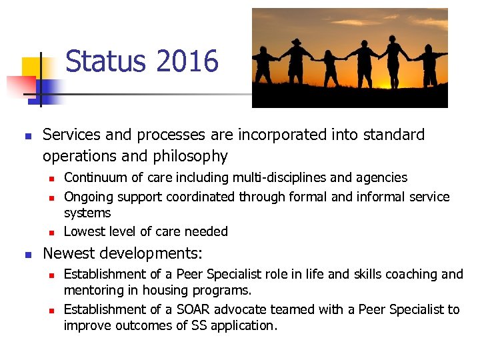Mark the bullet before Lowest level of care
pyautogui.click(x=51, y=232)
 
